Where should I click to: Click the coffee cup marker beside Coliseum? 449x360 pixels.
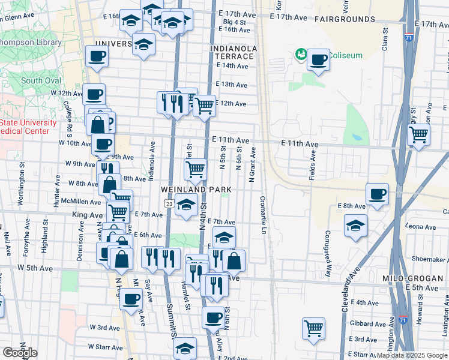tap(318, 60)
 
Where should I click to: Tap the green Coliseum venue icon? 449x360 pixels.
tap(300, 56)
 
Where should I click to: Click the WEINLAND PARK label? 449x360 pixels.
tap(196, 190)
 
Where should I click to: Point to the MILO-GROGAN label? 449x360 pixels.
tap(412, 279)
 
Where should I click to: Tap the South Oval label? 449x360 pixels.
tap(40, 80)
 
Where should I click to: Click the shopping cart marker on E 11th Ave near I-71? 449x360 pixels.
tap(418, 134)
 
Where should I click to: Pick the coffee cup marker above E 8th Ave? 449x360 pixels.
tap(377, 194)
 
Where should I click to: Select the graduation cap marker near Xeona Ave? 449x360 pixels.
tap(355, 227)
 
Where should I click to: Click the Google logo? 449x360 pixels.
tap(20, 353)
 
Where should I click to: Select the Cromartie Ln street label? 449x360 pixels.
tap(263, 215)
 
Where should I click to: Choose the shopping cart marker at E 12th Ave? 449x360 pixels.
tap(205, 106)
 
